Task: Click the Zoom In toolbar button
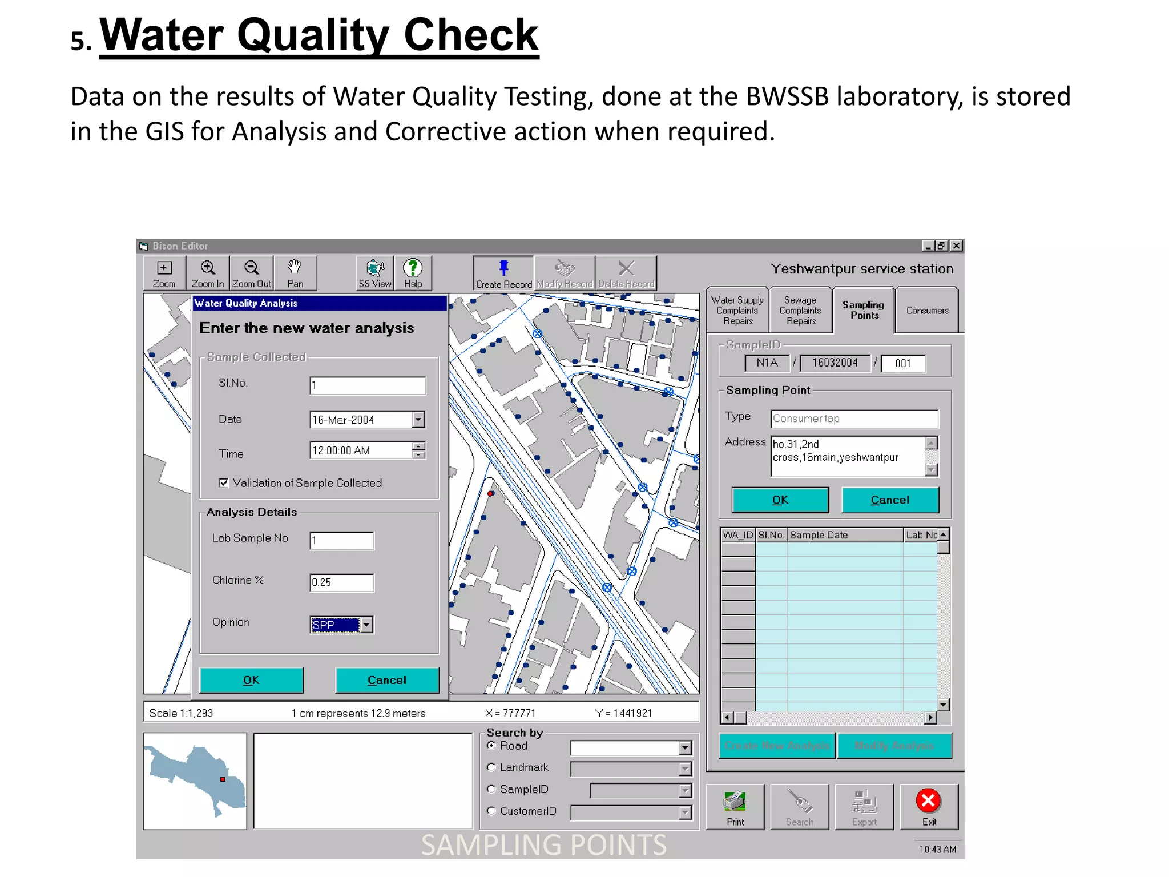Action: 208,273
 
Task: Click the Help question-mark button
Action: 413,273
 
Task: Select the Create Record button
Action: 503,273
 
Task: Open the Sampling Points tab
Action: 864,310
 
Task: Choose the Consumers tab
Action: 927,311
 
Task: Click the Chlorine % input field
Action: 341,582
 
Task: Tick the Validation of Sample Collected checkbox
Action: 224,483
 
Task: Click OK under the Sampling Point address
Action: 780,500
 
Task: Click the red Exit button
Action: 929,806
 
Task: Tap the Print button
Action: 735,806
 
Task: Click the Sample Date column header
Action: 845,535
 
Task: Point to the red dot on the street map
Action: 490,493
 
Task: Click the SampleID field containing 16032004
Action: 835,363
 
